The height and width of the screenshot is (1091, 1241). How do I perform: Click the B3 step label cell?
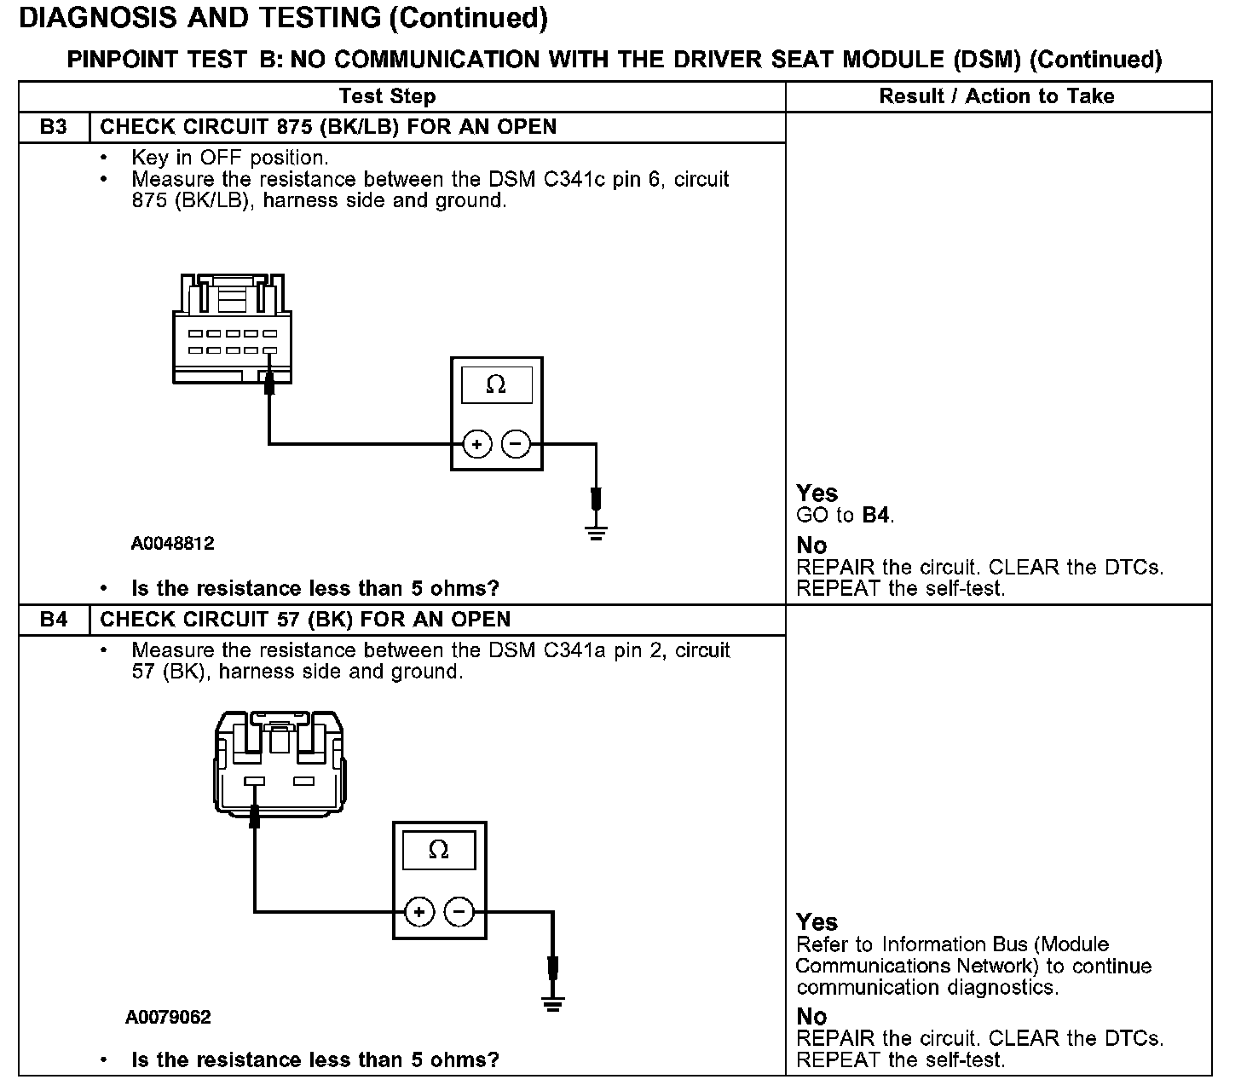tap(53, 127)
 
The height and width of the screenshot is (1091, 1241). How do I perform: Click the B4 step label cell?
tap(53, 620)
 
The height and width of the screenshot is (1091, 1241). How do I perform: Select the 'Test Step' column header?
tap(387, 96)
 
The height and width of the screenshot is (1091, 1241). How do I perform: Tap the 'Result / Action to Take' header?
tap(996, 96)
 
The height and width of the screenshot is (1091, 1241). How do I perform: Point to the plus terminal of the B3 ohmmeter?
tap(477, 444)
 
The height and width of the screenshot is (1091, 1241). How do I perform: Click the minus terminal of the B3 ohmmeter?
tap(516, 444)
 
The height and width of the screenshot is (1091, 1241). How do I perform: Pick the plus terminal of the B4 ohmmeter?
tap(419, 912)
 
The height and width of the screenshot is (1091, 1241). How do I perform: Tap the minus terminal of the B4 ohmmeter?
tap(459, 912)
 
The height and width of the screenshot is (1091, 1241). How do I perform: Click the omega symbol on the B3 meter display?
tap(496, 385)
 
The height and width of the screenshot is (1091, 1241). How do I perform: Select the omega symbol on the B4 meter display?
tap(438, 850)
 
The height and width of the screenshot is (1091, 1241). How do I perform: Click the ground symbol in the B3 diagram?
tap(597, 534)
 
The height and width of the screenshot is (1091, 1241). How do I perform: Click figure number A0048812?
tap(172, 543)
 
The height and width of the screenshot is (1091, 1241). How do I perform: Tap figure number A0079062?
tap(168, 1017)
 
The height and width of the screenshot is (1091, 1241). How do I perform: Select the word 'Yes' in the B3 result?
tap(817, 493)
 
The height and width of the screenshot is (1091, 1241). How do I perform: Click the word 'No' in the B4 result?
tap(811, 1016)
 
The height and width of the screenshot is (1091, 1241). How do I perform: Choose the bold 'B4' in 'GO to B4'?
tap(876, 515)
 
